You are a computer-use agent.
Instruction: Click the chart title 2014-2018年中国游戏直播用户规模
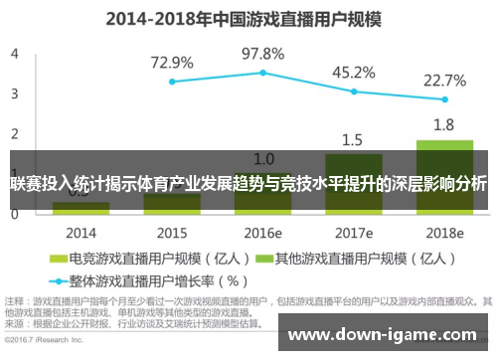point(248,18)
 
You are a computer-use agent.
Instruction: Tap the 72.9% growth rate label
point(172,63)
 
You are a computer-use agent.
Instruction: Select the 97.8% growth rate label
point(262,53)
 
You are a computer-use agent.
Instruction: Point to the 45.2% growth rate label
point(353,72)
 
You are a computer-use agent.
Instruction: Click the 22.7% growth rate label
point(443,81)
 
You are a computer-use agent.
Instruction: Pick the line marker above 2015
point(172,82)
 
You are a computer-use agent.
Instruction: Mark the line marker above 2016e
point(262,73)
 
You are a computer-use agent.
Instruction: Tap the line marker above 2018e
point(444,99)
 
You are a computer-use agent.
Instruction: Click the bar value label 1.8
point(443,125)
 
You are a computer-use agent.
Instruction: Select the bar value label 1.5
point(353,139)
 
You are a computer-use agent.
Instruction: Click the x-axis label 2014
point(82,232)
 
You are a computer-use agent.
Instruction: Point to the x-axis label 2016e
point(262,232)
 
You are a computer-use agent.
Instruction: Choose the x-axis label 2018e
point(443,232)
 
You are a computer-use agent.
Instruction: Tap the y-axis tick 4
point(14,54)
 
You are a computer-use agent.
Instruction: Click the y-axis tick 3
point(14,93)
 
